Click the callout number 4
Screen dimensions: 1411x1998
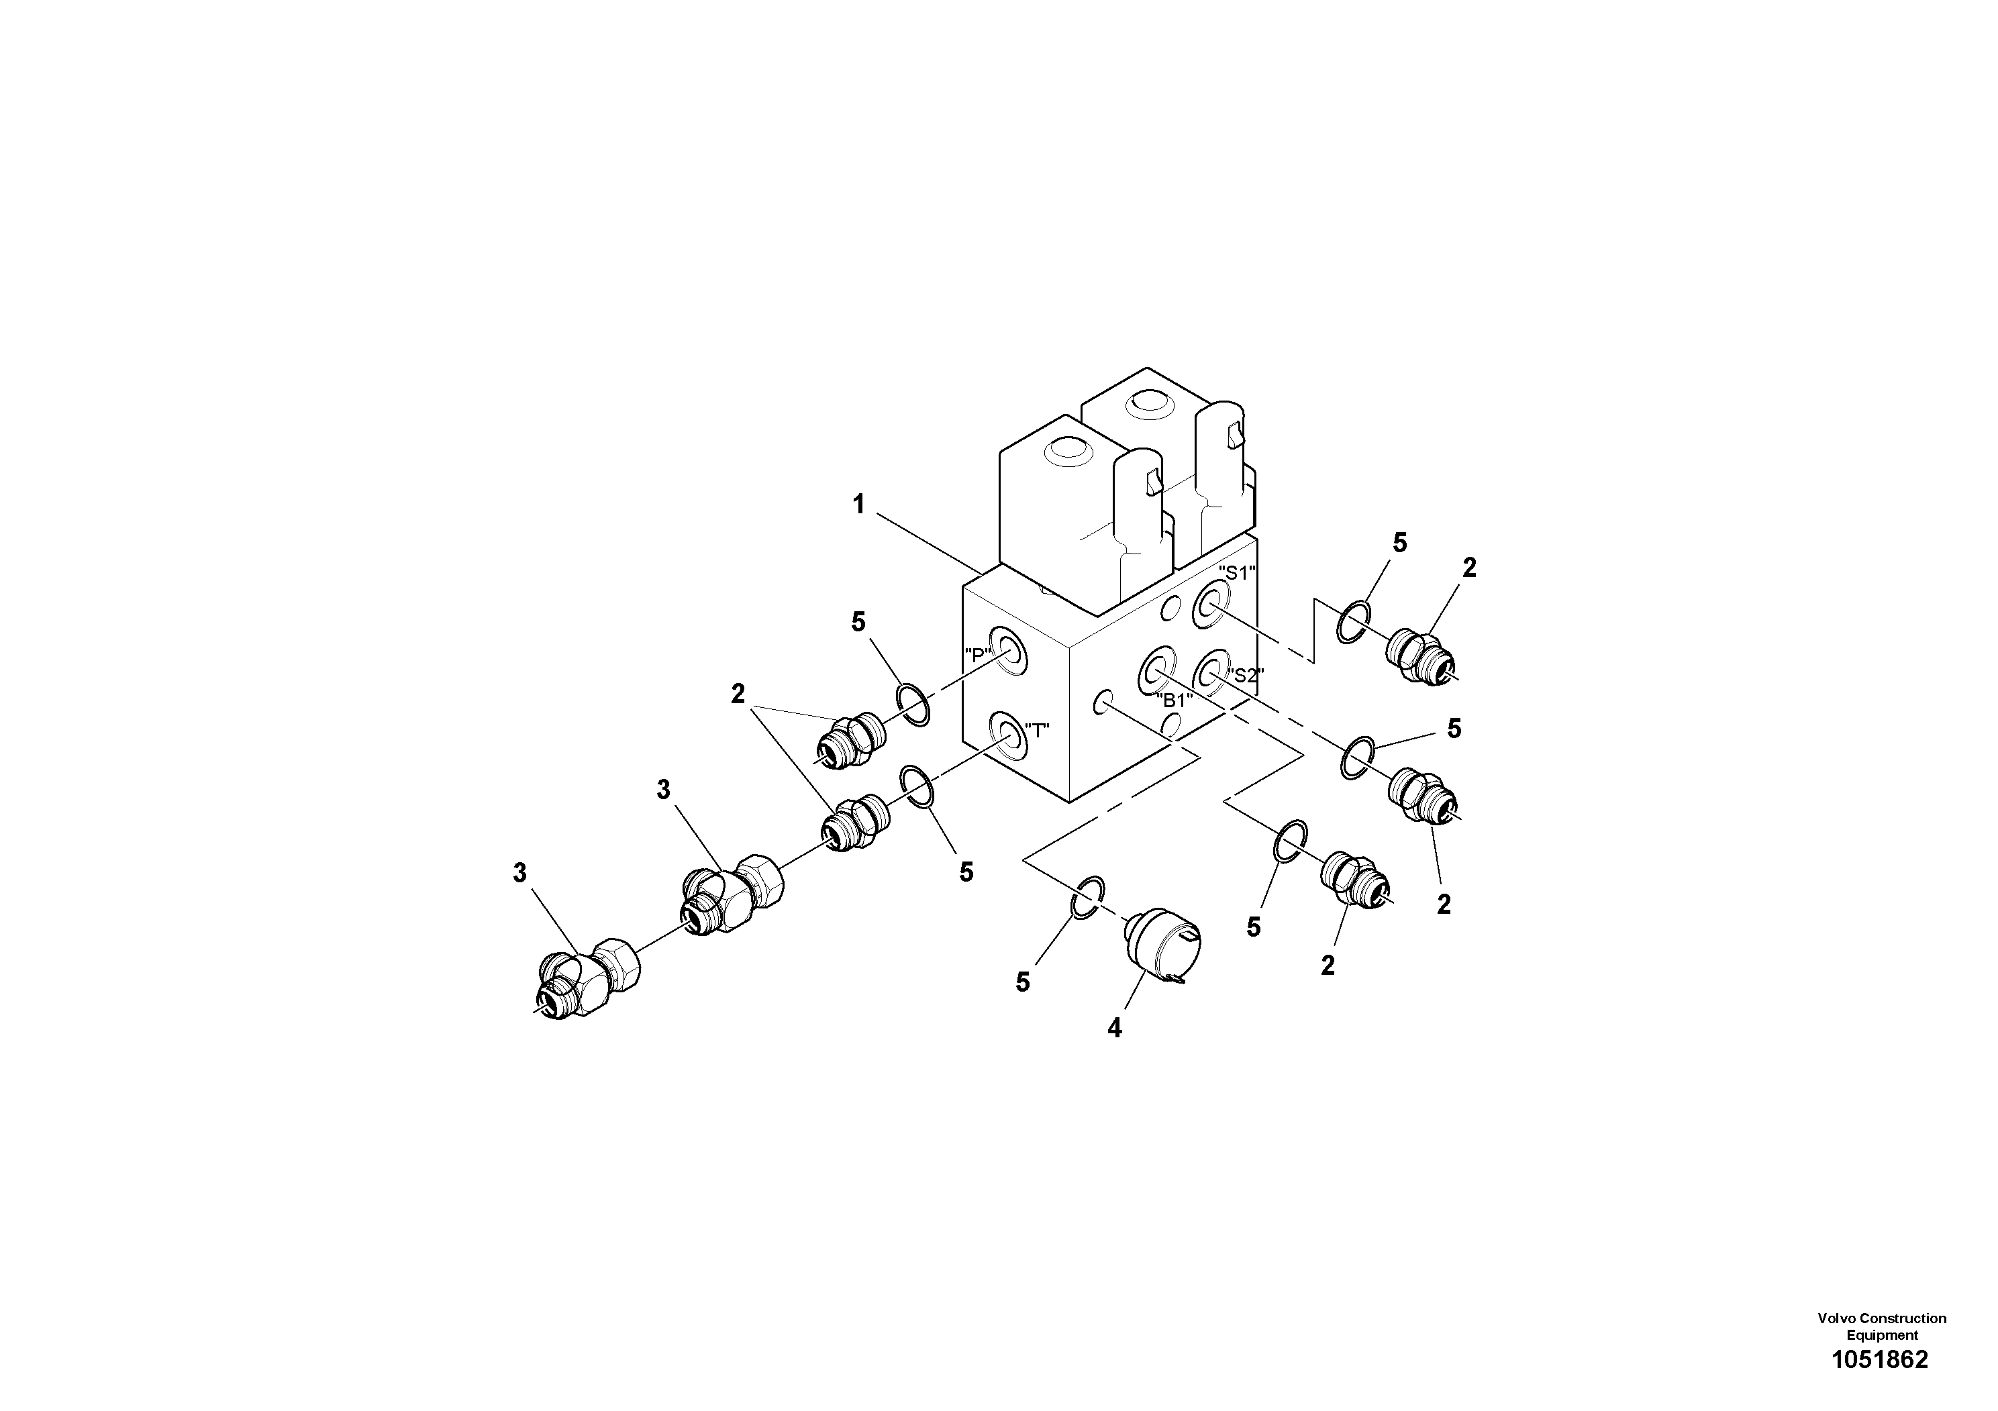1115,1029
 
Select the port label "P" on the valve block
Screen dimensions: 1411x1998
978,654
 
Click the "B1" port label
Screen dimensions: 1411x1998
1173,700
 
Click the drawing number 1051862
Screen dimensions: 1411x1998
1880,1360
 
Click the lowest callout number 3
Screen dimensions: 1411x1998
519,872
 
